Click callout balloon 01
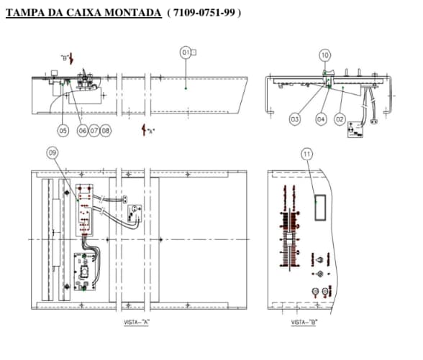point(186,52)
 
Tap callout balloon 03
point(294,119)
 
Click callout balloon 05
point(63,131)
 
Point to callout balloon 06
point(82,131)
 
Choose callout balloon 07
point(94,131)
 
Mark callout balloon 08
point(106,131)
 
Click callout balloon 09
point(52,152)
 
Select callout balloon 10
point(325,55)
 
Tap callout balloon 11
point(307,153)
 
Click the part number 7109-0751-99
point(204,13)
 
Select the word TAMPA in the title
point(23,13)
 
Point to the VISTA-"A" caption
point(137,323)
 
